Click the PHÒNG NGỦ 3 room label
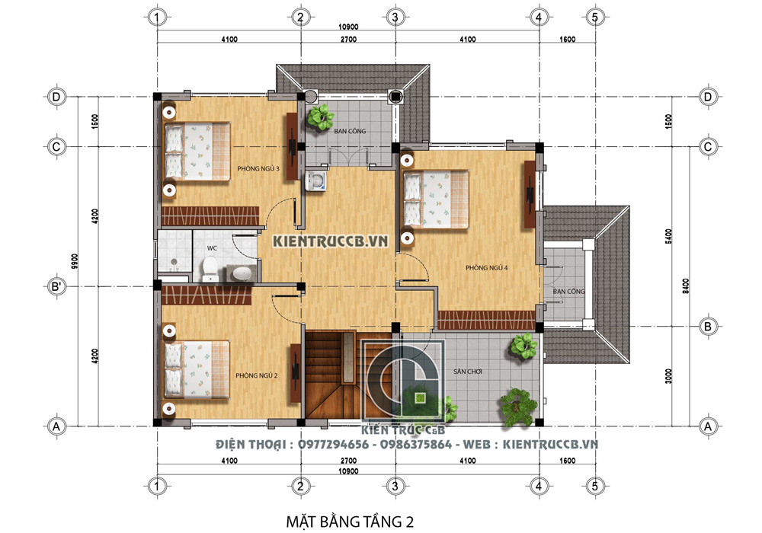(258, 169)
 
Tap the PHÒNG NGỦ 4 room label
(486, 267)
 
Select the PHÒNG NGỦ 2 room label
(257, 375)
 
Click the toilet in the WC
(210, 269)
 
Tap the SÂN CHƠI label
(468, 372)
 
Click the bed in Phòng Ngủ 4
(434, 199)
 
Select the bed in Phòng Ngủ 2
(197, 369)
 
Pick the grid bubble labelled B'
(56, 286)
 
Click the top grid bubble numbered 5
(595, 17)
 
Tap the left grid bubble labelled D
(56, 97)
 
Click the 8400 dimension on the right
(685, 286)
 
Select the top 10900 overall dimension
(348, 27)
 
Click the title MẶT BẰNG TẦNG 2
(350, 522)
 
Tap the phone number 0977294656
(334, 444)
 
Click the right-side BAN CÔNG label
(568, 292)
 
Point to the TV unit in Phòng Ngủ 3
(292, 147)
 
